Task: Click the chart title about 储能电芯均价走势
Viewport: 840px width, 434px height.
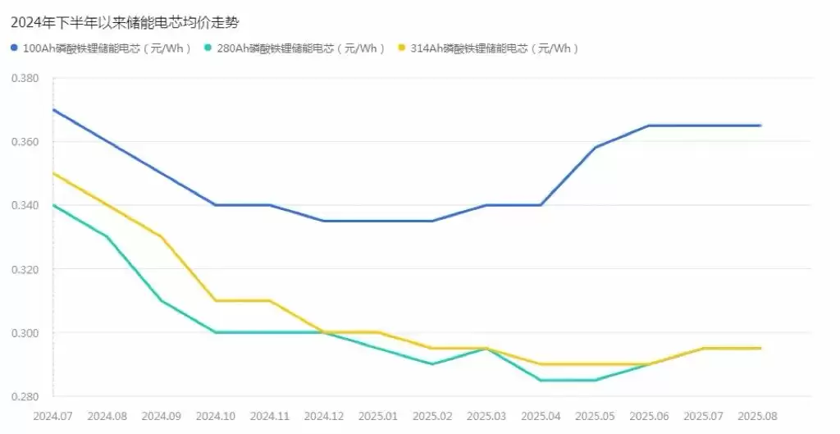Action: (x=126, y=22)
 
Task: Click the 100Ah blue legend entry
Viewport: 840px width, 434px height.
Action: (x=102, y=48)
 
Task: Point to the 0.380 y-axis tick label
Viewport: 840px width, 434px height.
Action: (x=25, y=78)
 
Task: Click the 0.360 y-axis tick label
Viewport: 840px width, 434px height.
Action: (x=25, y=142)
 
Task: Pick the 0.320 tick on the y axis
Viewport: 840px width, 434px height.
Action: (x=25, y=269)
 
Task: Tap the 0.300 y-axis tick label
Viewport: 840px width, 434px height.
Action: (x=25, y=333)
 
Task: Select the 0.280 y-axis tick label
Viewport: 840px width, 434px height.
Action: (x=25, y=397)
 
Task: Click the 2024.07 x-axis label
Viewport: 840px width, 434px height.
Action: (x=52, y=416)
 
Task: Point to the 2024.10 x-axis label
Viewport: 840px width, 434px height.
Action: (x=216, y=416)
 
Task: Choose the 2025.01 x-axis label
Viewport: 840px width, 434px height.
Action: (x=378, y=416)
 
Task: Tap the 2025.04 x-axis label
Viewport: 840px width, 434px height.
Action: (x=541, y=416)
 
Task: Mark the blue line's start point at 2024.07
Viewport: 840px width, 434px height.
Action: (x=53, y=110)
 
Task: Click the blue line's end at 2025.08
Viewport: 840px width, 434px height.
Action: (x=760, y=126)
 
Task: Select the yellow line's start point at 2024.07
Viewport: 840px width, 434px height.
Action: (x=53, y=173)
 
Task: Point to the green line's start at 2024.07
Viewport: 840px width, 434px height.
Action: (x=53, y=205)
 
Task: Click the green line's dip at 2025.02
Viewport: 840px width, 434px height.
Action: (x=433, y=364)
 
